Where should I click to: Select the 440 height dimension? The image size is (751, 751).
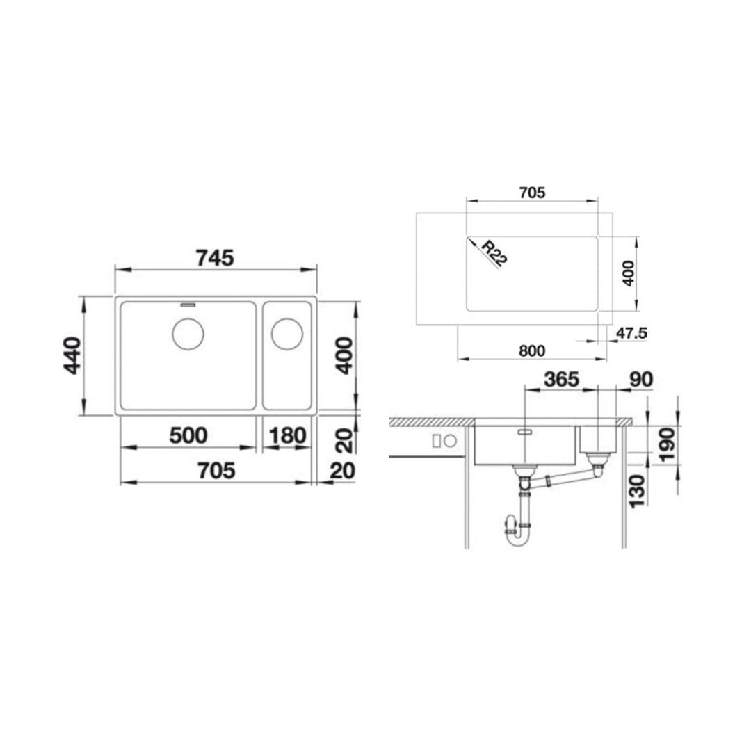pos(72,355)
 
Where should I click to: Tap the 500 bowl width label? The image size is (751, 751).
pos(188,436)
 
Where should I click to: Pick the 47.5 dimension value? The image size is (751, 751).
pos(631,333)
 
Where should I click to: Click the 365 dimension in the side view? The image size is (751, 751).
pos(560,380)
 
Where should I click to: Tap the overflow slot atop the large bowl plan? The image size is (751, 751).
pos(188,304)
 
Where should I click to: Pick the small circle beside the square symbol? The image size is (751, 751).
pos(450,441)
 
